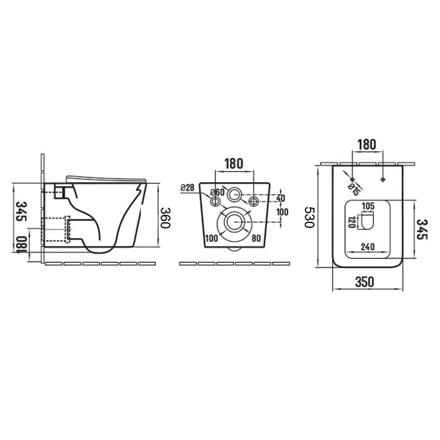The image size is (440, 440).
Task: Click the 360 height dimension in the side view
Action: click(166, 218)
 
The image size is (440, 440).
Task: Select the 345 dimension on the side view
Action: click(21, 211)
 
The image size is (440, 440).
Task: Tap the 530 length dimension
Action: click(310, 217)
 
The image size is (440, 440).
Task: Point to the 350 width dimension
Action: click(365, 282)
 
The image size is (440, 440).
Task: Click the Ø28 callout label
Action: click(188, 188)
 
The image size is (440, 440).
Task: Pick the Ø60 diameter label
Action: click(217, 192)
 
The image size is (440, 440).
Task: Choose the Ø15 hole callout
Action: click(354, 190)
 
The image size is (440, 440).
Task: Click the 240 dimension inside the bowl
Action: click(367, 246)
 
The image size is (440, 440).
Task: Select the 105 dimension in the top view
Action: click(368, 206)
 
